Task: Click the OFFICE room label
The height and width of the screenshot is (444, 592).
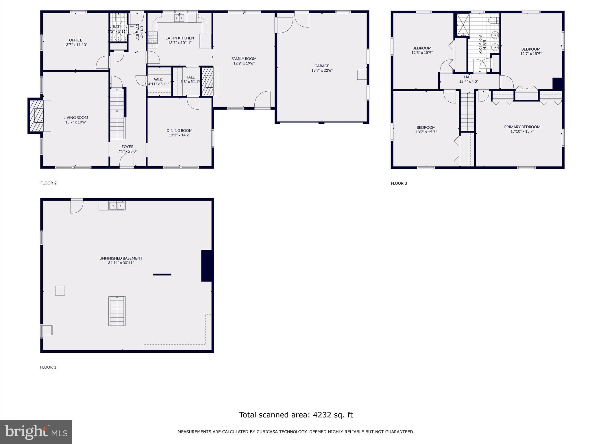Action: (x=75, y=40)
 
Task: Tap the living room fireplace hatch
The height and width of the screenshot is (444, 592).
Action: (x=36, y=116)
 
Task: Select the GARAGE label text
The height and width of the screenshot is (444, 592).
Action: (x=322, y=66)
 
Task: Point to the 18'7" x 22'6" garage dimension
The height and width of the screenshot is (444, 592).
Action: (x=322, y=70)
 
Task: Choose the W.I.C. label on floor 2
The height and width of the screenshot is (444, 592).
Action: (x=158, y=79)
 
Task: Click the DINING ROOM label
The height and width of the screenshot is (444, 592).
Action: (x=179, y=131)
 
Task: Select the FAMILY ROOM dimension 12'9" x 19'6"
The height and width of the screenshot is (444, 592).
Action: (x=244, y=63)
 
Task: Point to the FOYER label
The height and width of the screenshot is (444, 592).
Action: (x=127, y=147)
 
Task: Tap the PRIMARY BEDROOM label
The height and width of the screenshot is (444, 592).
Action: (x=522, y=127)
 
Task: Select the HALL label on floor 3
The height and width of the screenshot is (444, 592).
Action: (x=469, y=77)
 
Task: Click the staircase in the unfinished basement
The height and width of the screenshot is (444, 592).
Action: (x=117, y=311)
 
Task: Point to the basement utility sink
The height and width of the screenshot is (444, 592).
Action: (x=117, y=206)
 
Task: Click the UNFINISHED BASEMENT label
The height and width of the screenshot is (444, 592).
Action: (x=121, y=258)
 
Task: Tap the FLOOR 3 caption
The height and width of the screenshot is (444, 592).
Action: (x=399, y=183)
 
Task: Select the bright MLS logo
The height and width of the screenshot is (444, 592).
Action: (x=36, y=432)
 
